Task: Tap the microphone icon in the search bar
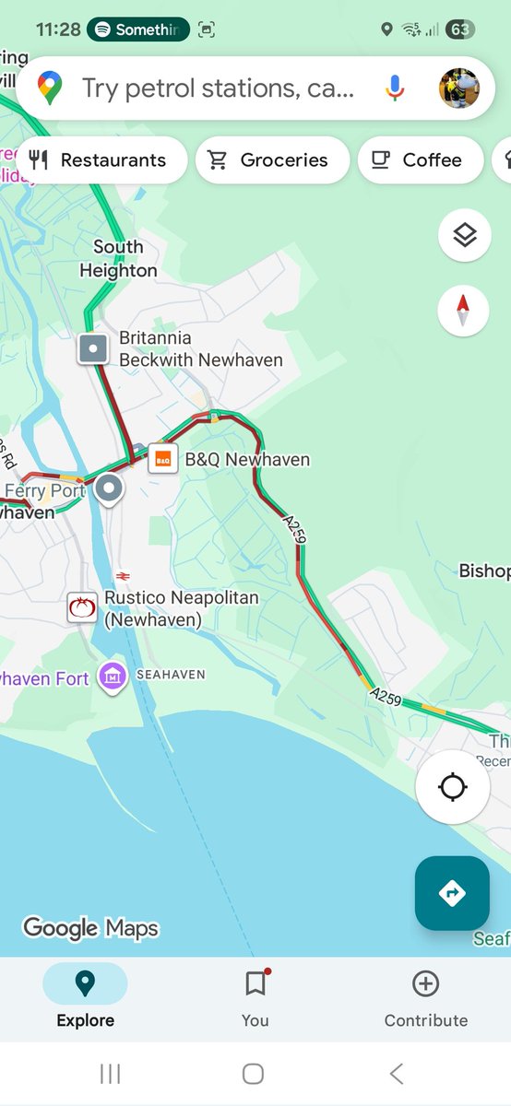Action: tap(395, 88)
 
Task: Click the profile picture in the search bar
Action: tap(458, 88)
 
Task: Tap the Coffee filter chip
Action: tap(420, 160)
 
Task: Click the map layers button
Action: tap(463, 236)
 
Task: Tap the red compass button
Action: tap(463, 311)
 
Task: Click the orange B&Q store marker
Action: tap(163, 458)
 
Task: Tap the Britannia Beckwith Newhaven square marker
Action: tap(92, 349)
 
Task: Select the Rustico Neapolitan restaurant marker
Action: tap(82, 608)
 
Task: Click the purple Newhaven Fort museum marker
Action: tap(113, 678)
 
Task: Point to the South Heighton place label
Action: tap(118, 259)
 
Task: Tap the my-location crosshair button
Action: tap(452, 788)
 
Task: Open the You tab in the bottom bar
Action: tap(255, 995)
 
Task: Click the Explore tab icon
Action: tap(85, 984)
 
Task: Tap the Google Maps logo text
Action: tap(90, 927)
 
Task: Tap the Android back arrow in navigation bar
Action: tap(397, 1073)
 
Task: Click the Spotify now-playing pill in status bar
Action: tap(138, 29)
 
